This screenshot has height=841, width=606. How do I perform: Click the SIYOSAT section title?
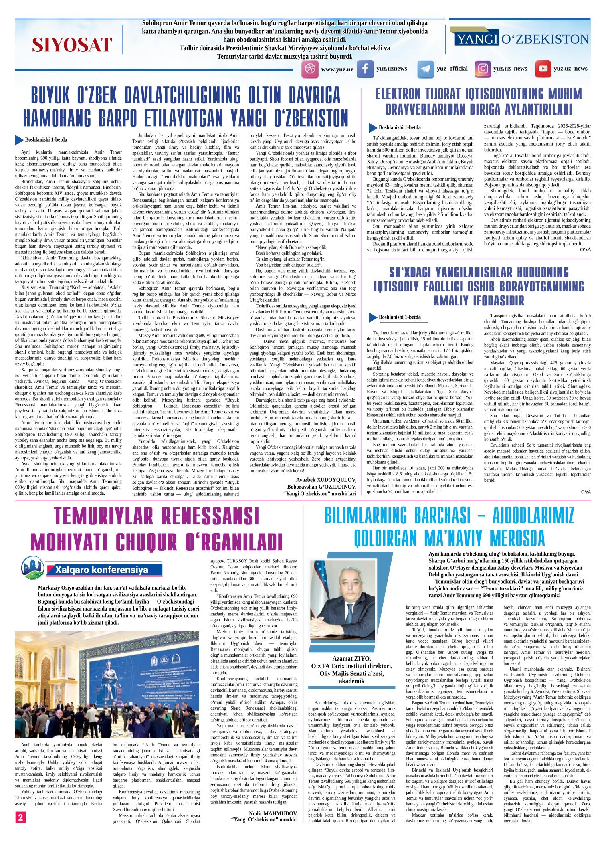72,44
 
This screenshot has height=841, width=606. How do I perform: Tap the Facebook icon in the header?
365,69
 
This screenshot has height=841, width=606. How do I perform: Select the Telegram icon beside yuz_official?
425,69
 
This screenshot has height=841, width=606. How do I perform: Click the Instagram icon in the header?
483,69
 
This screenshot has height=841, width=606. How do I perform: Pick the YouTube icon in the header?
543,69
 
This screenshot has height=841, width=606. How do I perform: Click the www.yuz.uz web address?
337,69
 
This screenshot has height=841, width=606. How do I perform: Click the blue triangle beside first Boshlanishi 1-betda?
19,140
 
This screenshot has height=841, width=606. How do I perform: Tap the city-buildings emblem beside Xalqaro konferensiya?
33,568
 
